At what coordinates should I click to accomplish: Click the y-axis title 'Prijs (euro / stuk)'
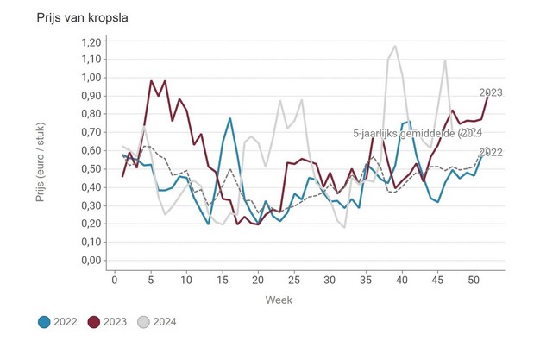pyautogui.click(x=41, y=151)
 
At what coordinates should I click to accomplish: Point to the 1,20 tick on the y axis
pyautogui.click(x=89, y=41)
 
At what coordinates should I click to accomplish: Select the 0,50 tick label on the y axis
pyautogui.click(x=89, y=169)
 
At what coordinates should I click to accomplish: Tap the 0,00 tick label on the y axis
pyautogui.click(x=89, y=261)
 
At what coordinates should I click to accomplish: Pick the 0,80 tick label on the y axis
pyautogui.click(x=89, y=115)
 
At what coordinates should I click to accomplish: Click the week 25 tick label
pyautogui.click(x=294, y=279)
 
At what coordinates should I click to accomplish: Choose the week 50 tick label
pyautogui.click(x=474, y=279)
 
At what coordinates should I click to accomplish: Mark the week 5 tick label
pyautogui.click(x=151, y=279)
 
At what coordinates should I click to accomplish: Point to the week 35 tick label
pyautogui.click(x=366, y=279)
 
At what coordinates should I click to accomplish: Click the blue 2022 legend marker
pyautogui.click(x=44, y=322)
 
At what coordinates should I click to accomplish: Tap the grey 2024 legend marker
pyautogui.click(x=144, y=322)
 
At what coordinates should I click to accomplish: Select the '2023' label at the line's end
pyautogui.click(x=491, y=92)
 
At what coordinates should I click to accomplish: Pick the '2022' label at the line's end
pyautogui.click(x=490, y=153)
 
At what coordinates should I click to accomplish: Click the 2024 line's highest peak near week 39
pyautogui.click(x=395, y=47)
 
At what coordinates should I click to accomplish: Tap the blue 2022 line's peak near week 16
pyautogui.click(x=230, y=119)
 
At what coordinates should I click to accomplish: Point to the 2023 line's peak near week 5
pyautogui.click(x=151, y=81)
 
